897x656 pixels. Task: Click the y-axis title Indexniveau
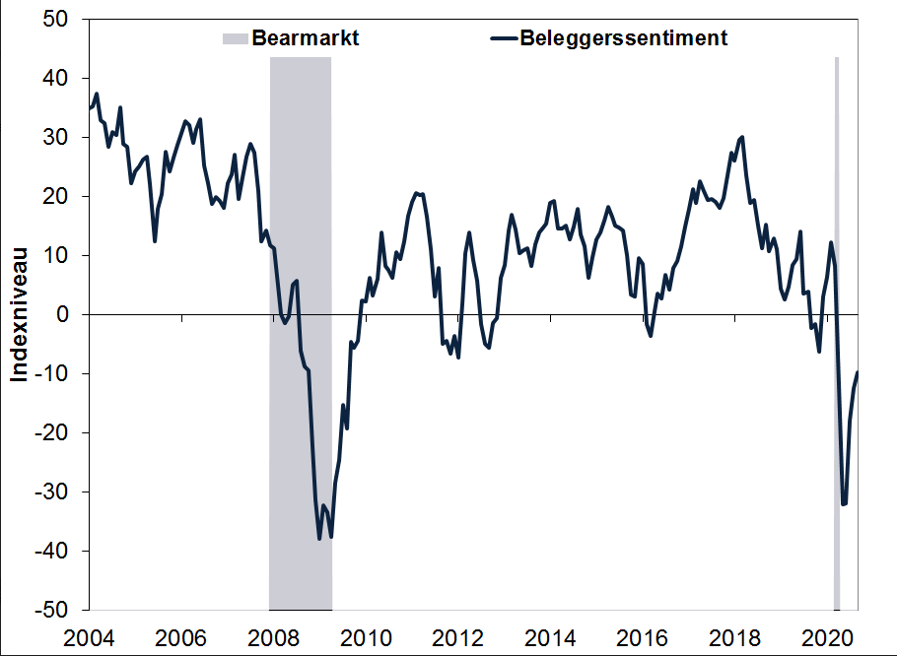click(x=19, y=314)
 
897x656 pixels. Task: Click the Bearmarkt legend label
click(x=305, y=39)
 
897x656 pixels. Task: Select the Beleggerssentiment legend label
click(x=623, y=39)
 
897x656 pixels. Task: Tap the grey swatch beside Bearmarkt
click(x=235, y=39)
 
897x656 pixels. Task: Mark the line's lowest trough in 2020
click(x=844, y=504)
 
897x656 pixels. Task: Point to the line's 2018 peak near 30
click(x=741, y=137)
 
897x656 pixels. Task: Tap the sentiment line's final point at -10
click(x=858, y=372)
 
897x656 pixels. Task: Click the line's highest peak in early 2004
click(x=97, y=94)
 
